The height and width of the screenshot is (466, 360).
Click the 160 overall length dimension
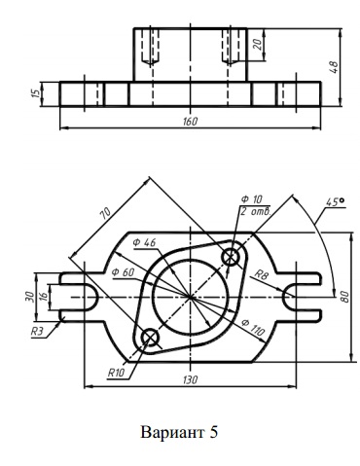pos(190,122)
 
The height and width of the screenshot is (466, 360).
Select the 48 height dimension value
pos(334,66)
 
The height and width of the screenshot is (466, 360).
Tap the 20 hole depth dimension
pos(258,44)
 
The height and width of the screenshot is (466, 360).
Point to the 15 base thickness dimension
pos(37,92)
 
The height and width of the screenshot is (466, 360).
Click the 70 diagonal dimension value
pos(105,214)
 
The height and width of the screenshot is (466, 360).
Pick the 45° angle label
pos(336,202)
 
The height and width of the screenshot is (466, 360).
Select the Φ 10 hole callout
pos(252,199)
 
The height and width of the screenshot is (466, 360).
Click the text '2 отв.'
pos(256,211)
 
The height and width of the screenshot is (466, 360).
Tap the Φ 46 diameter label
pos(144,242)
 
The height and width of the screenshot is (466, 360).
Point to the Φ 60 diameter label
pos(123,272)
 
